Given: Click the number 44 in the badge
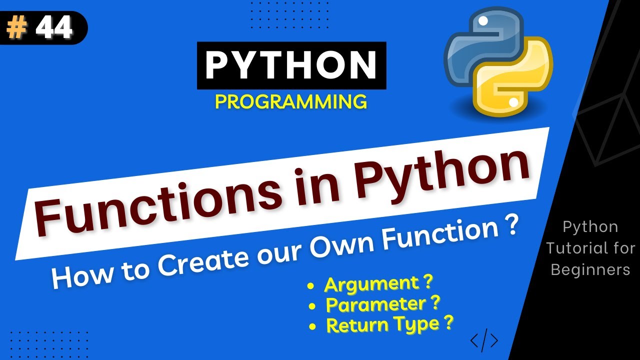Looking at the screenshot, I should [x=53, y=28].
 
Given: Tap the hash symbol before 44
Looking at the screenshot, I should [x=17, y=29].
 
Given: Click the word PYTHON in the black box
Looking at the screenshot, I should [x=291, y=65].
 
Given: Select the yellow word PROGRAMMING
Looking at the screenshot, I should [x=291, y=102].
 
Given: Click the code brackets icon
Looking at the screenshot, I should [x=484, y=340].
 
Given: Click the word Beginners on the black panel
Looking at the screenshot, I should [x=590, y=269].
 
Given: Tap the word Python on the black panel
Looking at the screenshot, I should [x=590, y=226].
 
